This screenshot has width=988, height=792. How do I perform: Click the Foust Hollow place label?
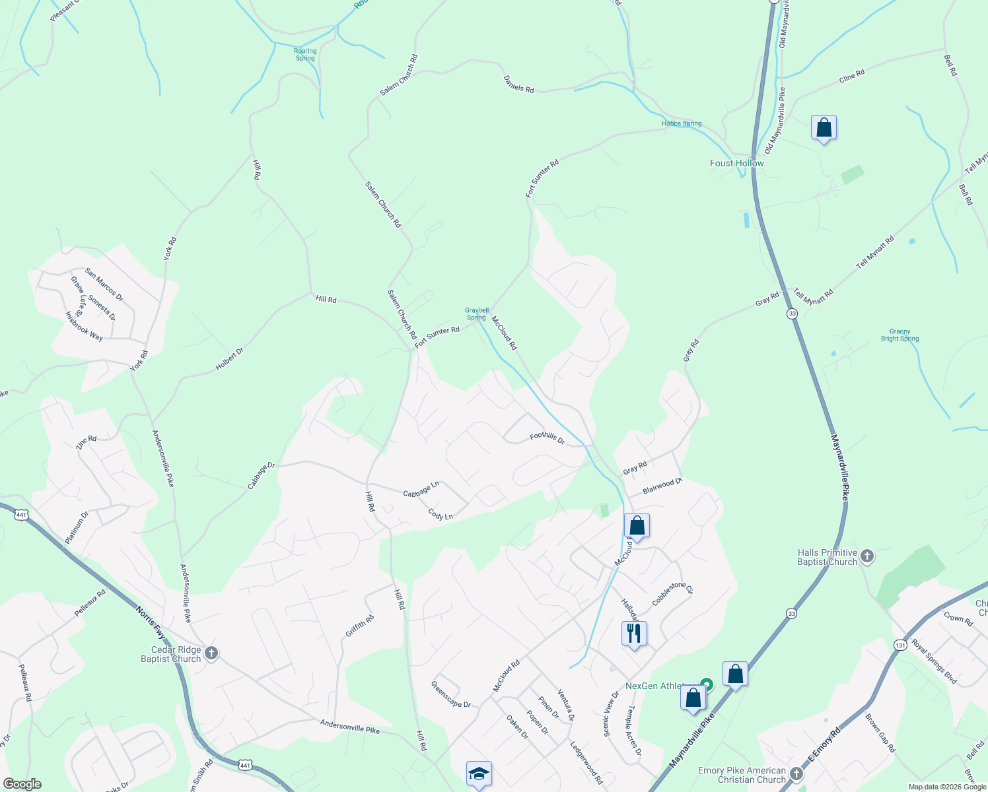pos(736,163)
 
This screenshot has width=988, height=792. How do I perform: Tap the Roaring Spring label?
pos(305,55)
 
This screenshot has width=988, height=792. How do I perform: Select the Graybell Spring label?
pos(476,313)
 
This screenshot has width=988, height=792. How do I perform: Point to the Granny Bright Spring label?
pos(900,335)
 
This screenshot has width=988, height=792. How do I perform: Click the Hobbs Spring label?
pos(682,123)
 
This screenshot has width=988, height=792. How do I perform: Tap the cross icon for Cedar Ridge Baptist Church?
pos(211,653)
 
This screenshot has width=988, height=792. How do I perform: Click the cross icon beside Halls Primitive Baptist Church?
pos(868,556)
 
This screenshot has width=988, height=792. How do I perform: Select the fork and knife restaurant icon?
pos(634,634)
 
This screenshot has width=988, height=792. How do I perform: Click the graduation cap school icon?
pos(479,774)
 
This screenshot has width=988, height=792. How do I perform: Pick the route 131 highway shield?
pos(900,645)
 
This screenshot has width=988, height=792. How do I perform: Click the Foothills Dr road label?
pos(547,438)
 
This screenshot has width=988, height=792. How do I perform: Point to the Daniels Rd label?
pos(518,84)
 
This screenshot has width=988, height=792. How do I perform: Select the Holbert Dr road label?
pos(229,359)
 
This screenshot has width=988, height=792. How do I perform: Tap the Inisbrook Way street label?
pos(84,326)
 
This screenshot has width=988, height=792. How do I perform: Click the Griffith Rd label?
pos(360,626)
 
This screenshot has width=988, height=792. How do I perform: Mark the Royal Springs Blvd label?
pos(934,661)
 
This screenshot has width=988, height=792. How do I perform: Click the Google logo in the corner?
pos(22,784)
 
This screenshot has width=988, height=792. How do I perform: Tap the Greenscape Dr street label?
pos(450,694)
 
